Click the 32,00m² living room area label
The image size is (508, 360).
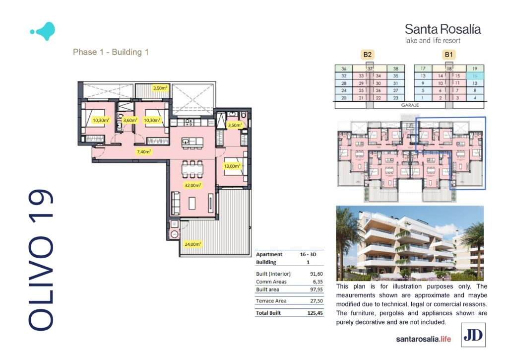click(x=193, y=185)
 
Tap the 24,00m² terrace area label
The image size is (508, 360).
click(x=193, y=244)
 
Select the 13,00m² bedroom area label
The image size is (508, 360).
click(x=232, y=166)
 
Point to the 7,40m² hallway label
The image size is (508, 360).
click(x=144, y=151)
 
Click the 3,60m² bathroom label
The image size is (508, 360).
click(x=130, y=120)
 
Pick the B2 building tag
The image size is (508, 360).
click(x=368, y=55)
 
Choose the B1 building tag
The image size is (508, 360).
click(x=448, y=55)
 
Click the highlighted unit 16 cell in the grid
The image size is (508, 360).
click(x=475, y=76)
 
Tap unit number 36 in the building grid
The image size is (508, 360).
click(x=344, y=69)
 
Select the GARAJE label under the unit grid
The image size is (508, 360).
click(x=410, y=105)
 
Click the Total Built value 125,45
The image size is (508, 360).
click(x=315, y=313)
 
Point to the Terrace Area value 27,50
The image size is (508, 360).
click(x=317, y=300)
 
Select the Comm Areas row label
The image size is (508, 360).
click(x=271, y=282)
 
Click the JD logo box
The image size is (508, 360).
click(x=473, y=335)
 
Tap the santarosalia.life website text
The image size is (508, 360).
click(x=424, y=339)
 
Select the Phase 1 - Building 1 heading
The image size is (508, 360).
click(x=111, y=52)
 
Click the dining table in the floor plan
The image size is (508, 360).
click(x=192, y=169)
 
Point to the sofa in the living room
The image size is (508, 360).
click(x=175, y=203)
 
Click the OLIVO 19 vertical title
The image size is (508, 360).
click(x=41, y=260)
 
